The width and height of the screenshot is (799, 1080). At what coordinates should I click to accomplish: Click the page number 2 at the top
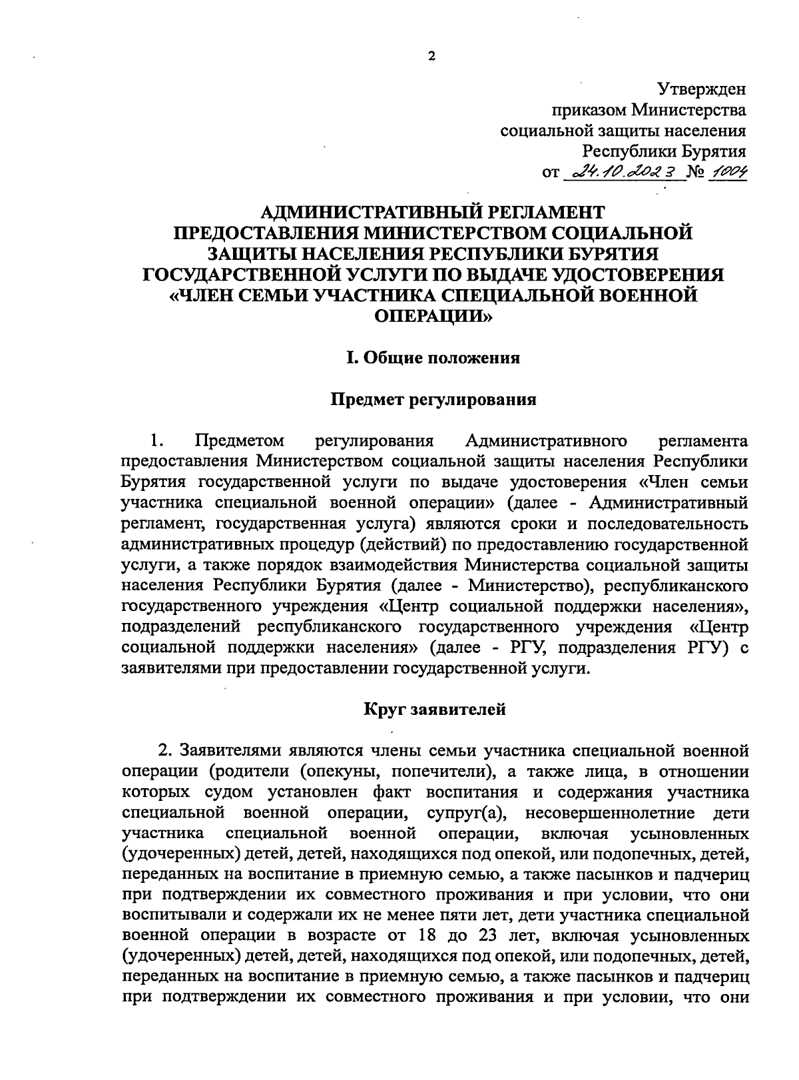431,57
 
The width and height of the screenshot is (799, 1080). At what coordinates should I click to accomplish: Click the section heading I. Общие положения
432,358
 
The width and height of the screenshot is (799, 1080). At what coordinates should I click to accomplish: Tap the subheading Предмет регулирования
434,400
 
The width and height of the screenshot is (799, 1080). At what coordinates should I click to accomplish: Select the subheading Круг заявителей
434,709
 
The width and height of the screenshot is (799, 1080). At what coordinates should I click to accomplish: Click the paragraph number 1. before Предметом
156,440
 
